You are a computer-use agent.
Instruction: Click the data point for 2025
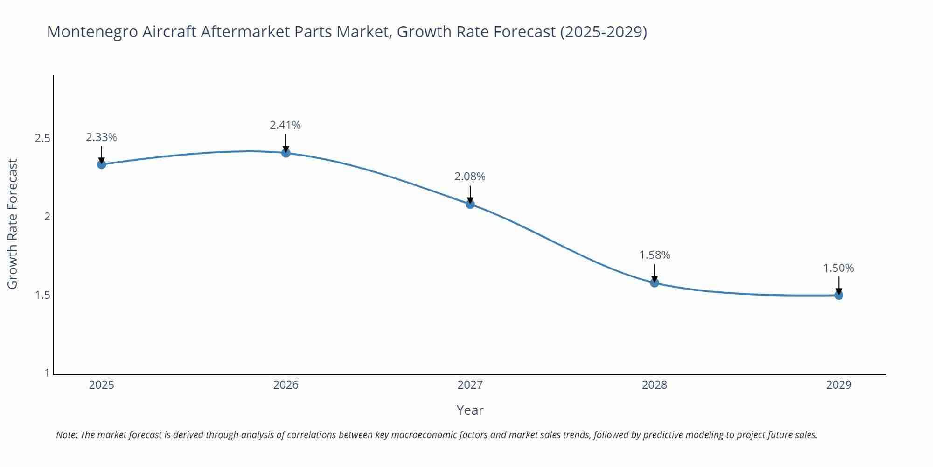pos(102,164)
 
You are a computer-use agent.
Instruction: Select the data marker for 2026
pos(286,153)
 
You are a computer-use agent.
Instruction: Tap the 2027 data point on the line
pos(470,204)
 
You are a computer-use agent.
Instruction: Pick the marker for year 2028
pos(654,283)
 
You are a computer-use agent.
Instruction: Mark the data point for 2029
pos(839,295)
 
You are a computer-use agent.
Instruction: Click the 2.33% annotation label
pos(101,137)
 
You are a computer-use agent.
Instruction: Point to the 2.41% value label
pos(285,125)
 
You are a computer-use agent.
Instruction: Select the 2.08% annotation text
pos(470,177)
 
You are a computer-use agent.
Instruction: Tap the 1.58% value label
pos(654,255)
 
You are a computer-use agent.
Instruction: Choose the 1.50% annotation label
pos(838,268)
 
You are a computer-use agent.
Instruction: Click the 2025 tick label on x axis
pos(102,385)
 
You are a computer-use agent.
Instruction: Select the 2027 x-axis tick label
pos(470,385)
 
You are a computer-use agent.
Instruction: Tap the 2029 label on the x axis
pos(839,385)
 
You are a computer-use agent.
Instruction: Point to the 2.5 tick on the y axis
pos(42,138)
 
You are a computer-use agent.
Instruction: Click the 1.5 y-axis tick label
pos(42,295)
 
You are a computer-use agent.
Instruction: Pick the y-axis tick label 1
pos(47,373)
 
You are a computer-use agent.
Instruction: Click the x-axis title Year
pos(470,410)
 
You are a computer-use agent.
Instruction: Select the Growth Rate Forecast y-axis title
pos(13,224)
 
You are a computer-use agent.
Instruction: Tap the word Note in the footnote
pos(66,435)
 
